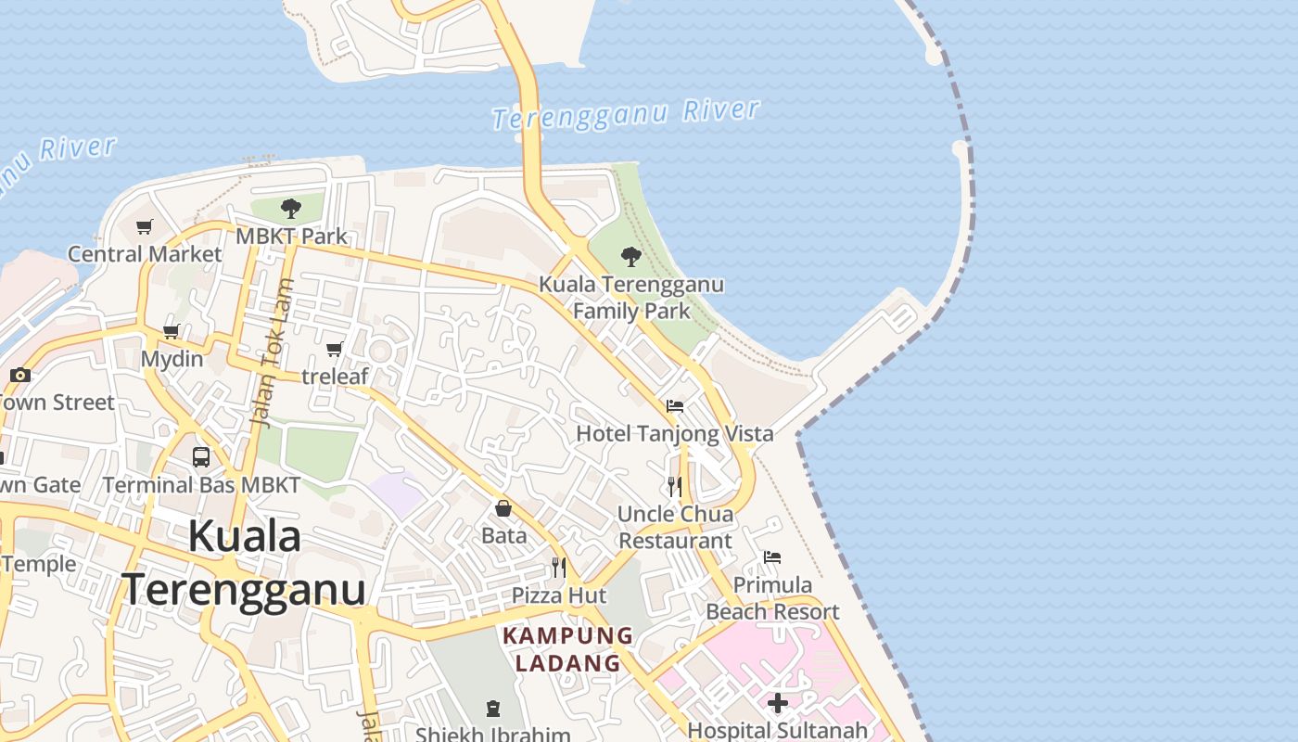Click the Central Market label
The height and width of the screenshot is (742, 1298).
(x=145, y=254)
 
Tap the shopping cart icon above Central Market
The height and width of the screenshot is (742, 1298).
(x=145, y=226)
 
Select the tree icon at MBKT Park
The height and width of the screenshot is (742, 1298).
(x=291, y=208)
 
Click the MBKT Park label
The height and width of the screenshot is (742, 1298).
(x=291, y=236)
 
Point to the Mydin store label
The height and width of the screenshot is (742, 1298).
(x=172, y=358)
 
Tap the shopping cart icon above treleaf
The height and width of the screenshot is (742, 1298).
(x=335, y=349)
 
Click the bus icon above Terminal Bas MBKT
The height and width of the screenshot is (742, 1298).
(x=201, y=456)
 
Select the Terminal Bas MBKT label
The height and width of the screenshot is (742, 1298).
(x=201, y=484)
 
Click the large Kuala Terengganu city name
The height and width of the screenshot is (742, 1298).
(x=244, y=563)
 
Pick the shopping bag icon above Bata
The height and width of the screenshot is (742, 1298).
(x=503, y=507)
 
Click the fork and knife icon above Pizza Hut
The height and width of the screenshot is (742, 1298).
(x=559, y=567)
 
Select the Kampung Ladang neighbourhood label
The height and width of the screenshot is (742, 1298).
(x=567, y=649)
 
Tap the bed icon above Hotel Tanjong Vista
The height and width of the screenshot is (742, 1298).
(x=675, y=405)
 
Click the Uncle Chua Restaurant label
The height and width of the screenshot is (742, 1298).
(x=676, y=527)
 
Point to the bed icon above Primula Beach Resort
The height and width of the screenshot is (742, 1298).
(x=772, y=556)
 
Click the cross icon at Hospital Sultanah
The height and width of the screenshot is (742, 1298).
(x=778, y=703)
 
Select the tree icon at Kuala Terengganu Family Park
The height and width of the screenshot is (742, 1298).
(x=631, y=256)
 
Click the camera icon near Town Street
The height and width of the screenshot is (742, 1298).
(x=20, y=375)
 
